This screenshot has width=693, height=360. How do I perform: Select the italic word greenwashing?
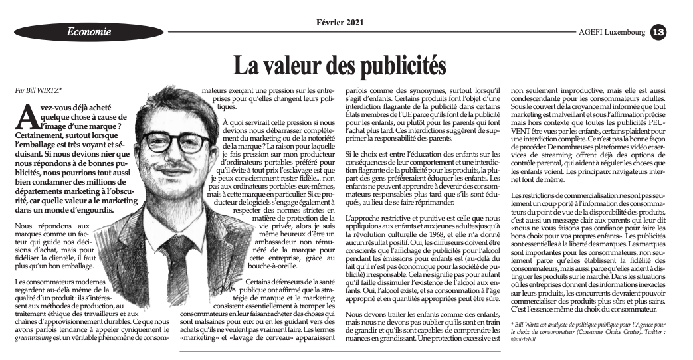pos(33,337)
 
